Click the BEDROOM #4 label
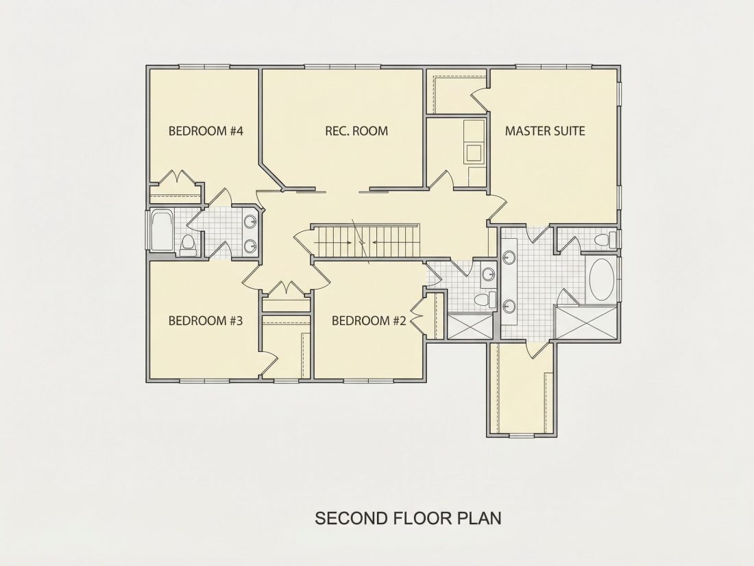206,131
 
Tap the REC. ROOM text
356,131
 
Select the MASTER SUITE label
545,131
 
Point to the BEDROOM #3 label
206,320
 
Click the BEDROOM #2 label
369,320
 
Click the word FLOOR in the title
422,519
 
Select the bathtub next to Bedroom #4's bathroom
162,230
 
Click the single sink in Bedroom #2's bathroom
489,275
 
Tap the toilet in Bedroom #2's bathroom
485,299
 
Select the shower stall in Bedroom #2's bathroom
470,326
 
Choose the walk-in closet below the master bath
523,388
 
